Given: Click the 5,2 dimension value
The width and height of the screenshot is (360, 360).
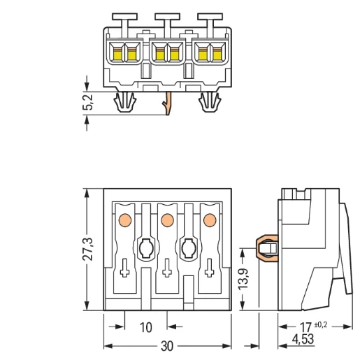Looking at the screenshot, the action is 88,102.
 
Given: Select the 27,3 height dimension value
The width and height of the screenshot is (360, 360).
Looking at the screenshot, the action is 88,249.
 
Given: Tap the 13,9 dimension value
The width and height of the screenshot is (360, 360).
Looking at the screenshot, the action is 243,279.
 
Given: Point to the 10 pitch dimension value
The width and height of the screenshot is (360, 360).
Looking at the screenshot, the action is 145,327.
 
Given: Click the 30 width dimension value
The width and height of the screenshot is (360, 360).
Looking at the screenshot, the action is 167,346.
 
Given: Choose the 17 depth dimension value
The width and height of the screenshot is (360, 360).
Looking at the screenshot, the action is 305,327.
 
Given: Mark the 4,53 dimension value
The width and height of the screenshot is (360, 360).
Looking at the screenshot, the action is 303,339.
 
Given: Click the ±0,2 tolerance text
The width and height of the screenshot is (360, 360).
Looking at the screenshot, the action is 321,324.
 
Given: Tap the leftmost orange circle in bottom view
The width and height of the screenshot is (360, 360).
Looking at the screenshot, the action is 125,220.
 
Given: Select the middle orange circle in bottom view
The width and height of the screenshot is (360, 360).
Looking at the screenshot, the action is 168,220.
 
